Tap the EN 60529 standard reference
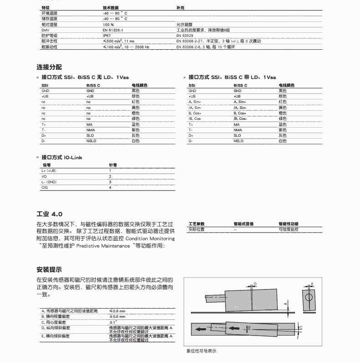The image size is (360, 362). click(x=185, y=35)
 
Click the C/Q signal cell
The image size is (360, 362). click(x=44, y=187)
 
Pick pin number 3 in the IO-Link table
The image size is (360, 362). click(x=110, y=182)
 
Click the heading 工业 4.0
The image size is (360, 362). click(x=49, y=214)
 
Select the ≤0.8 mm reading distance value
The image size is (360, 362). click(x=117, y=310)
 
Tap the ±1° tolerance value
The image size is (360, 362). click(x=113, y=322)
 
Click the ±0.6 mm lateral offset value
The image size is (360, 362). click(x=117, y=316)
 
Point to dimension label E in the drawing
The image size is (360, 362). click(x=313, y=284)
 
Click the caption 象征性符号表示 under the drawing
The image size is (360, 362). click(x=201, y=351)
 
